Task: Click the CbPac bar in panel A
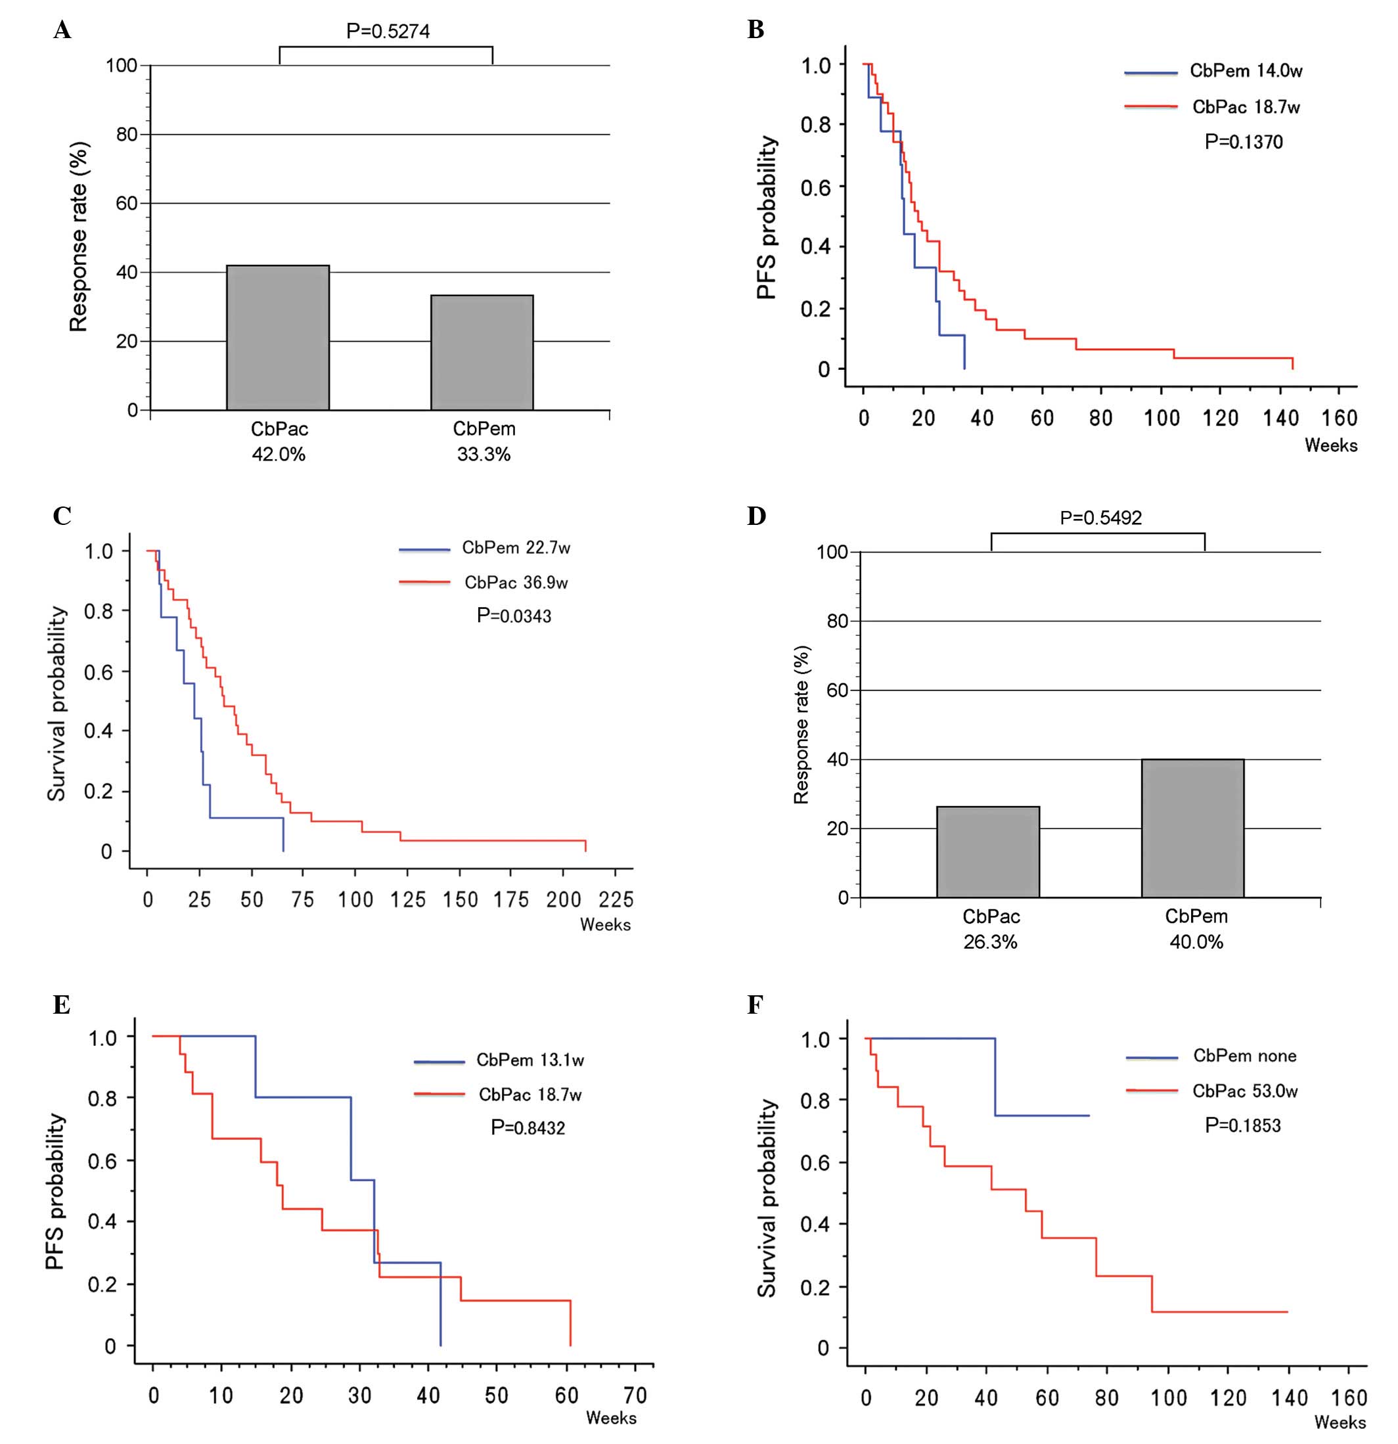point(278,338)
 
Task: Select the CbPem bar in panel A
point(482,352)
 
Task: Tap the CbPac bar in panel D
point(988,851)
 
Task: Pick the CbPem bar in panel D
point(1192,828)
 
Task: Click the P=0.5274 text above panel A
point(388,31)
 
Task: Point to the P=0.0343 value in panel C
point(514,616)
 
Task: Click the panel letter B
point(755,30)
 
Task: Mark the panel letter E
point(61,1005)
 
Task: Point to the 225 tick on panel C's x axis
point(616,899)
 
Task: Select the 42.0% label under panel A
point(279,455)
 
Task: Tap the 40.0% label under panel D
point(1196,941)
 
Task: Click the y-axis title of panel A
point(79,237)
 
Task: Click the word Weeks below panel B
point(1331,445)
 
